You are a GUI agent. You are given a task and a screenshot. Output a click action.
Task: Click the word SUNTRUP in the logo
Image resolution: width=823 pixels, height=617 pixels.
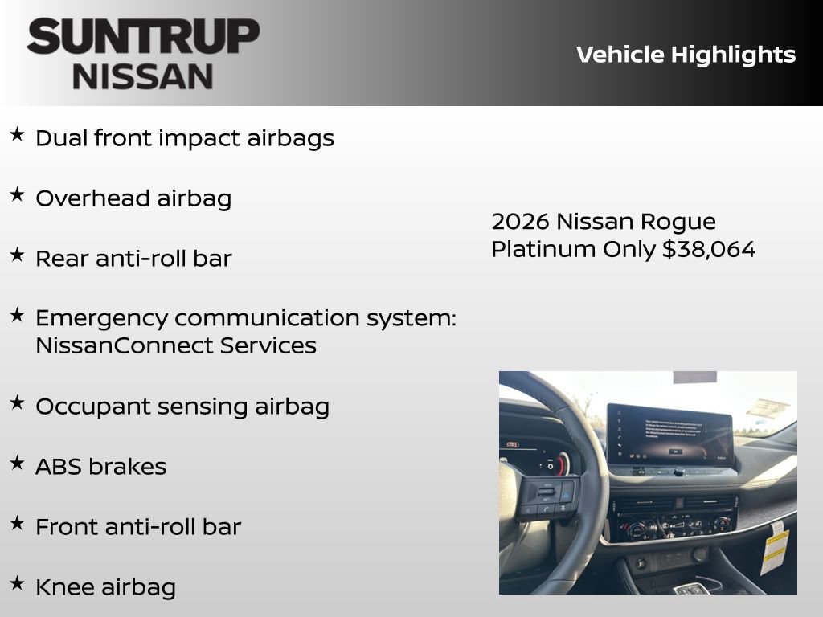[x=143, y=37]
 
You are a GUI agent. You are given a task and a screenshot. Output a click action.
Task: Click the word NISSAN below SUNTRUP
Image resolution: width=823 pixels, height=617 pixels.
[x=143, y=76]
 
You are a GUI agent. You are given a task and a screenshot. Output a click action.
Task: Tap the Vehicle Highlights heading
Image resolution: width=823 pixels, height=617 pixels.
[x=686, y=55]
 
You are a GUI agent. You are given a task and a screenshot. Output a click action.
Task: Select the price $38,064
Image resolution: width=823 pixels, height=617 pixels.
[x=709, y=249]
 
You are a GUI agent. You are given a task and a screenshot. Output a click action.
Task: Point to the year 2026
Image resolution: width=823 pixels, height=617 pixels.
[x=520, y=221]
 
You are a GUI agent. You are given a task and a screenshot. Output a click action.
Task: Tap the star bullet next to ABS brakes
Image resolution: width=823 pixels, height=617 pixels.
[x=17, y=463]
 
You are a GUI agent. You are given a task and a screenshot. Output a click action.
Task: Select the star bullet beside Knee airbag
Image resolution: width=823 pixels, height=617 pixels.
[x=17, y=583]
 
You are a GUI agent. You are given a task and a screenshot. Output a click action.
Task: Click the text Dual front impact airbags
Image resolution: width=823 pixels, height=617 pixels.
[x=185, y=138]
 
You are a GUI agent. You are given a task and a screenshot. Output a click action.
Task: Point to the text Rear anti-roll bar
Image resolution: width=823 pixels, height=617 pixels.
[x=133, y=259]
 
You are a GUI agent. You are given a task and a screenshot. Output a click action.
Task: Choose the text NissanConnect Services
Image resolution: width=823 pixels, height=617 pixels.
[x=175, y=345]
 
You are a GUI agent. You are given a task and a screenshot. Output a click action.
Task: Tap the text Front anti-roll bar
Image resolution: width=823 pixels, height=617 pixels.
[x=138, y=527]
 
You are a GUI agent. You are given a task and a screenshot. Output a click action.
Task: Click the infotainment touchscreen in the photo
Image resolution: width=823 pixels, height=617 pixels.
[x=669, y=435]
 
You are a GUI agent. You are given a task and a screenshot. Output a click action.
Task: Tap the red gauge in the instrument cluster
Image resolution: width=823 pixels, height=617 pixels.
[x=563, y=464]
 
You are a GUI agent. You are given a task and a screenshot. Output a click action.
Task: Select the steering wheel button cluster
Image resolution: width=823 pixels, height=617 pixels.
[x=547, y=496]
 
